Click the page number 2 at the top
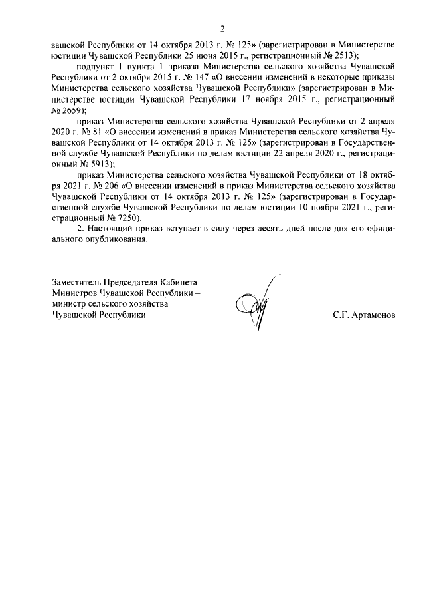223,29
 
